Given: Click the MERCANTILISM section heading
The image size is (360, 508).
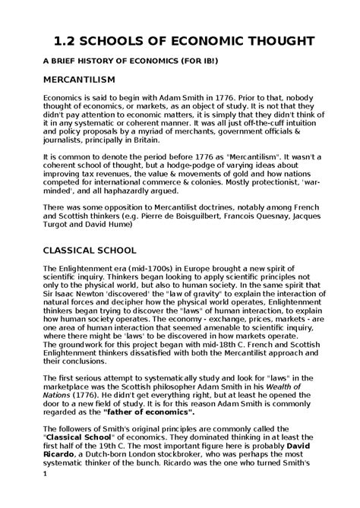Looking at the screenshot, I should coord(80,79).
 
